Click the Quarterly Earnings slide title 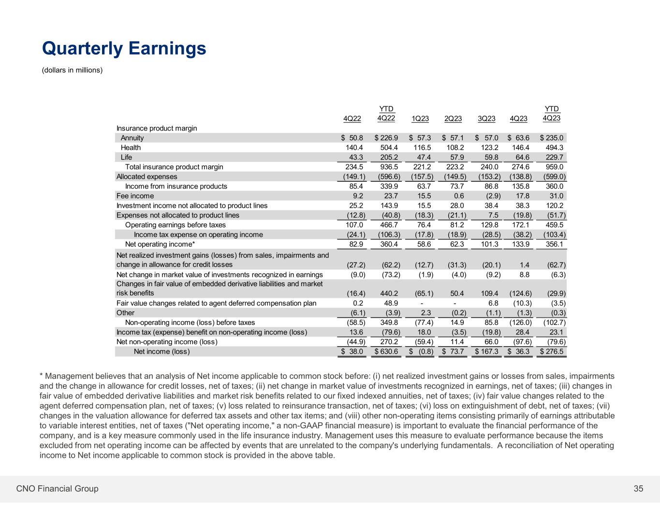124,48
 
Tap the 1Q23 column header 420,119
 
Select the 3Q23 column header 486,119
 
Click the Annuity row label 132,138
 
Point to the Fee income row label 135,196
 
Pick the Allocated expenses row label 147,176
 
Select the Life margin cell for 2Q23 455,157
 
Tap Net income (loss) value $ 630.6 387,351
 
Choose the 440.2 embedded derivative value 390,293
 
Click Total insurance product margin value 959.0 554,167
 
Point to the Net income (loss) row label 161,351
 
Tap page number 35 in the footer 638,489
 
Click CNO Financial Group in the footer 57,489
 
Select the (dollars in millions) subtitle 73,70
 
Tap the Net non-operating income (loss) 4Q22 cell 353,342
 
